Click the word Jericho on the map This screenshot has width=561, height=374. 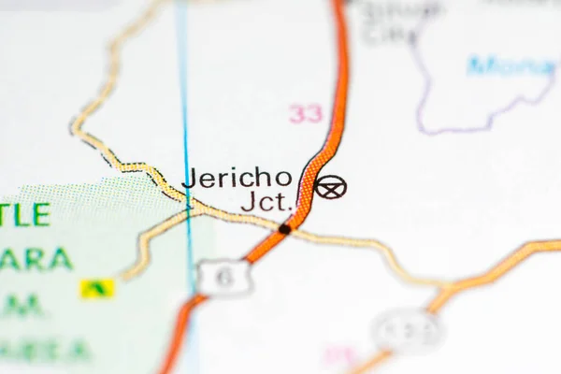[237, 178]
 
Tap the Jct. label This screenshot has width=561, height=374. [266, 201]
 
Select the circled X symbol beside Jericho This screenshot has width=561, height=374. [329, 187]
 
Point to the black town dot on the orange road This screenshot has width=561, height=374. [284, 227]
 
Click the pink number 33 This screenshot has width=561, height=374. [305, 114]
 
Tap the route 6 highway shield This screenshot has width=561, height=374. [224, 278]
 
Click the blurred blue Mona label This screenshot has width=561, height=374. [511, 65]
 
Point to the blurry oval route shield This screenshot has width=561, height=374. [408, 329]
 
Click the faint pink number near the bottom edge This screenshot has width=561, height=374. [339, 356]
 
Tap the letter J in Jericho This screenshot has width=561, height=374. [190, 178]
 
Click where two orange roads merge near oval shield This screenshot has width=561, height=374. [439, 297]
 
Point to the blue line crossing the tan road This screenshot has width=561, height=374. [188, 208]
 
